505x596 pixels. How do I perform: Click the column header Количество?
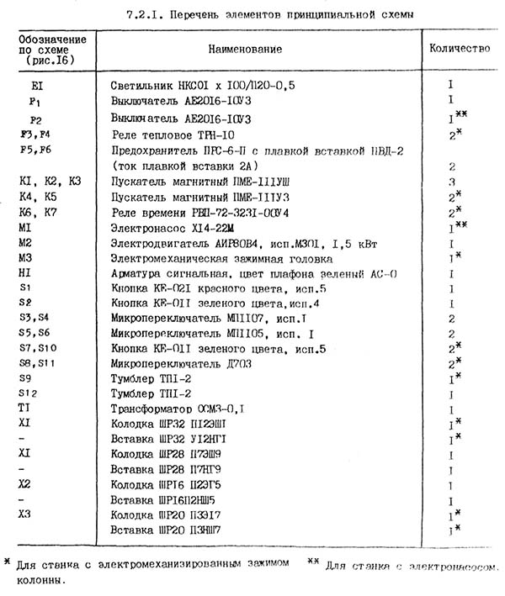point(459,49)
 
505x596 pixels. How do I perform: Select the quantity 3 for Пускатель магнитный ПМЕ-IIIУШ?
point(452,181)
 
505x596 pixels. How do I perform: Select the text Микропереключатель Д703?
point(178,362)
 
